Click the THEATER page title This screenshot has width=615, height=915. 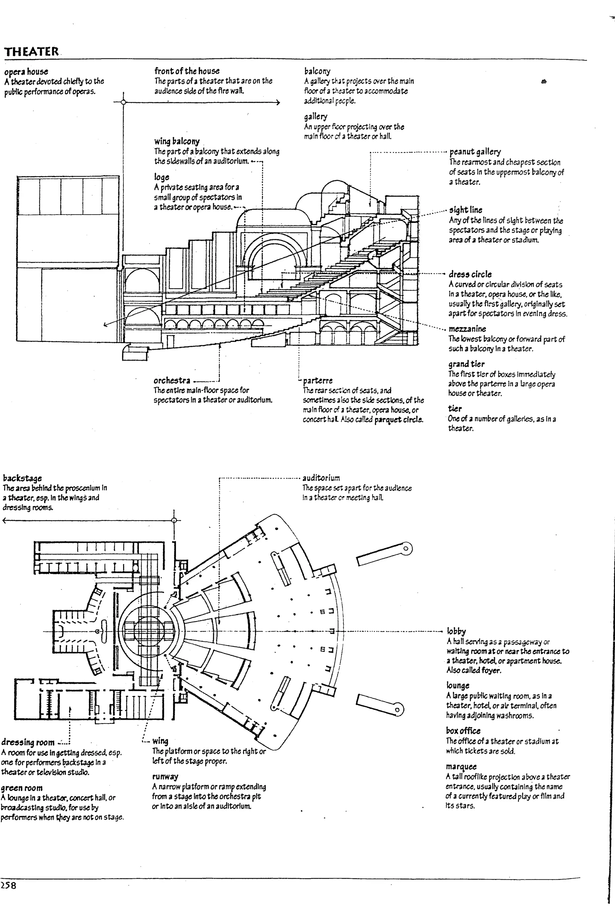click(x=31, y=51)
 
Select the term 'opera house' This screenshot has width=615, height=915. click(x=26, y=72)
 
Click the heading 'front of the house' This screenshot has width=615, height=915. click(x=187, y=71)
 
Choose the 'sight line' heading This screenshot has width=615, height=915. click(x=465, y=210)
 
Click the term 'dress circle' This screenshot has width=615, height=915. click(x=470, y=274)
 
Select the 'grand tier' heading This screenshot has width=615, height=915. click(x=466, y=364)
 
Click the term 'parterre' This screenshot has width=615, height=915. click(x=318, y=380)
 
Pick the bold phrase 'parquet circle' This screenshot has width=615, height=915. click(x=398, y=419)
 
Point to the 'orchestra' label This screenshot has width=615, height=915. click(x=172, y=380)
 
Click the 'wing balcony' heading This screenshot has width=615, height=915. click(x=177, y=141)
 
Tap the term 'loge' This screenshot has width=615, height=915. click(x=161, y=177)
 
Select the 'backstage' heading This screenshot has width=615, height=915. click(x=22, y=478)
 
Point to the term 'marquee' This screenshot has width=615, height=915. click(x=461, y=766)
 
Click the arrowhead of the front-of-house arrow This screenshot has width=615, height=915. click(x=278, y=103)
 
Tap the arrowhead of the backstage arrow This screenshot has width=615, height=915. click(x=4, y=521)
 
